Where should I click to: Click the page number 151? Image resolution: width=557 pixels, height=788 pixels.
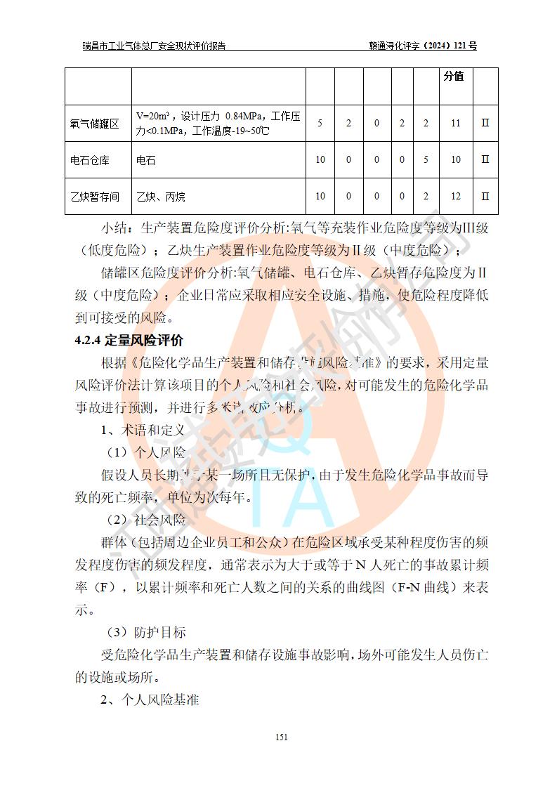pos(282,737)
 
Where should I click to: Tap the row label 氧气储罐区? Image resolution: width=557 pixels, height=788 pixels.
pos(95,124)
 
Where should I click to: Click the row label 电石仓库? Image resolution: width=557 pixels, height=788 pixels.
pos(90,160)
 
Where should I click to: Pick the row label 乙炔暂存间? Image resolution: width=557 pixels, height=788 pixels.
pos(95,197)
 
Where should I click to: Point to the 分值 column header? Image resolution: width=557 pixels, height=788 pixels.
pos(454,76)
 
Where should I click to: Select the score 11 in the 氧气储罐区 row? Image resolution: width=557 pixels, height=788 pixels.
pos(455,124)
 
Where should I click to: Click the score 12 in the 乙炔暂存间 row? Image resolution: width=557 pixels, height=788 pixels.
pos(455,197)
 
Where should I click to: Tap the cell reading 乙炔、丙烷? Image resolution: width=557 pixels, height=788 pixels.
pos(161,197)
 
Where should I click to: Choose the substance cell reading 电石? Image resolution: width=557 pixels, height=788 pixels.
pos(146,160)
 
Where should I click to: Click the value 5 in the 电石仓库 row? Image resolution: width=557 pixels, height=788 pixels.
pos(426,160)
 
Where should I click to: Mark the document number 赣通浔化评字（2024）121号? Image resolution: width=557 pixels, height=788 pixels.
pos(423,46)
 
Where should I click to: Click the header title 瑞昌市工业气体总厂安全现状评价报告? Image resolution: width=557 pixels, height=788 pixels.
pos(154,46)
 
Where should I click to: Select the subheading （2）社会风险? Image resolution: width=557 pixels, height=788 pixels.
pos(146,520)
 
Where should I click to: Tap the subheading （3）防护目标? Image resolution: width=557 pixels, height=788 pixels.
pos(146,633)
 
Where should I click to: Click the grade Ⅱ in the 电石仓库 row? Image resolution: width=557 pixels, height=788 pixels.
pos(485,160)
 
